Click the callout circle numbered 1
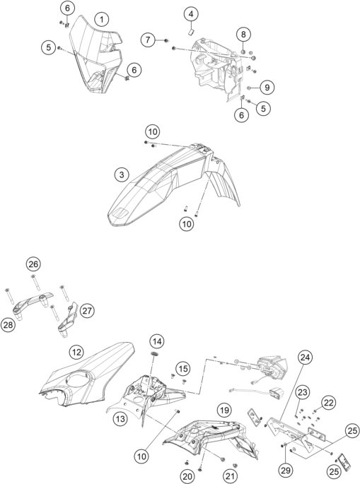[101, 20]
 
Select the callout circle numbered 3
[122, 175]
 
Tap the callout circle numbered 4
[191, 14]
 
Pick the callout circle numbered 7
[148, 40]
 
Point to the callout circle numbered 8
[243, 34]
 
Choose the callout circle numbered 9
[267, 88]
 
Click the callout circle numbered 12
[76, 352]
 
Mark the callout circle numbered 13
[120, 419]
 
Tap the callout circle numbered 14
[157, 341]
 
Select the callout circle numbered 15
[183, 369]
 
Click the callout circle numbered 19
[224, 411]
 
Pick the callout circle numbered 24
[306, 358]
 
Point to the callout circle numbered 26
[33, 264]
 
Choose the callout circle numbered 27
[87, 310]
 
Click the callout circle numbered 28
[8, 325]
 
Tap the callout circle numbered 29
[286, 470]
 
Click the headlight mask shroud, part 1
[93, 59]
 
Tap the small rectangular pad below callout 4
[191, 31]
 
